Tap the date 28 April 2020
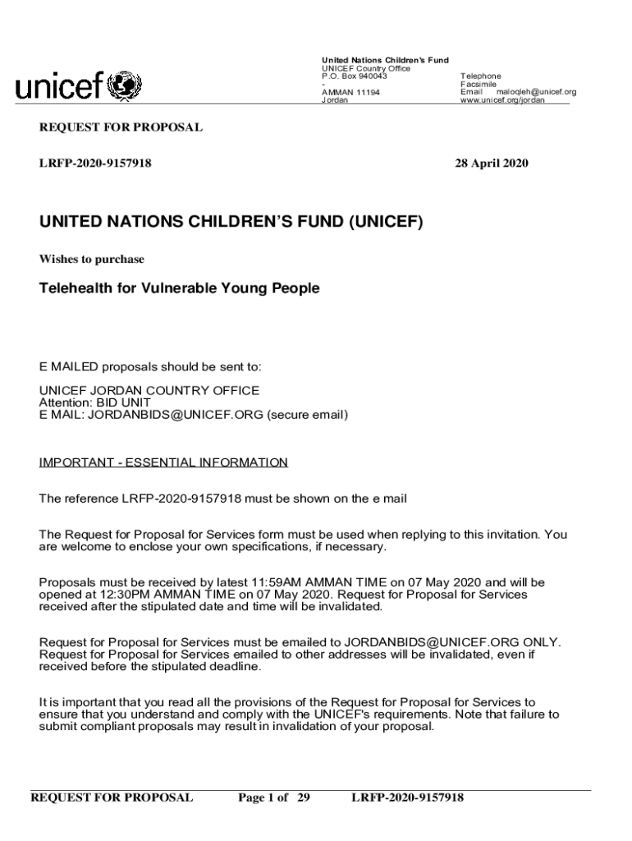[492, 163]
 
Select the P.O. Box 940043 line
[354, 76]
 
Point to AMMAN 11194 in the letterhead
[350, 93]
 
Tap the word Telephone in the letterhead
[480, 76]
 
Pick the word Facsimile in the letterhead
[479, 85]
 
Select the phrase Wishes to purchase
[92, 260]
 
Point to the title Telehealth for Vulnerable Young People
[179, 288]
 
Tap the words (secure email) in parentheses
[307, 416]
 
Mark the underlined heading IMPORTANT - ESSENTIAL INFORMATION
[163, 463]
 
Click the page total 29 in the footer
[302, 797]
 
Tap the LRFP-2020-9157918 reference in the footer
[407, 797]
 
